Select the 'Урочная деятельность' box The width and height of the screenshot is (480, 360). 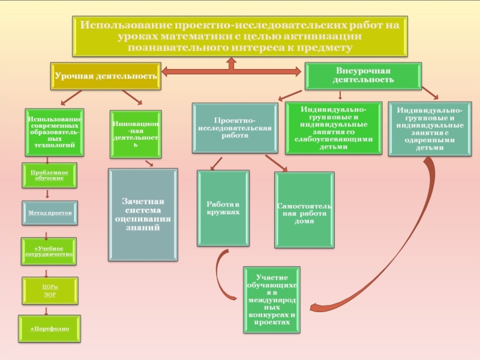point(106,76)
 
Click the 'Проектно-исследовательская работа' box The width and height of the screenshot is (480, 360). point(235,128)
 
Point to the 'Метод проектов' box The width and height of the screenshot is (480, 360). point(50,213)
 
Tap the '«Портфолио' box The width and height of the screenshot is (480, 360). point(49,329)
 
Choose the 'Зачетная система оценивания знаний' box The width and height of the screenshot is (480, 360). point(143,215)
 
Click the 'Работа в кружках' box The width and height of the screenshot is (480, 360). point(223,208)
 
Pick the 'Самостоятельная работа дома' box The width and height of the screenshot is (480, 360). point(304,210)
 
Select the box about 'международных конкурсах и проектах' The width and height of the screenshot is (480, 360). point(272,299)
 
